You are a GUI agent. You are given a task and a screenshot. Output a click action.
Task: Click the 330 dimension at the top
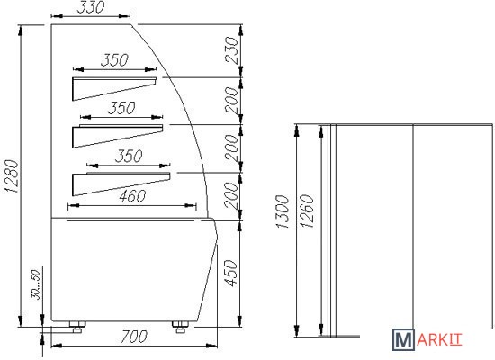pyautogui.click(x=90, y=7)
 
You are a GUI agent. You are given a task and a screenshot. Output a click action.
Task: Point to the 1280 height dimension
pyautogui.click(x=13, y=176)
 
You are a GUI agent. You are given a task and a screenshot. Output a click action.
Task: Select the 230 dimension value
pyautogui.click(x=231, y=49)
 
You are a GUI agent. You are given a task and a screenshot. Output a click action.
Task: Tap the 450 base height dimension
pyautogui.click(x=231, y=274)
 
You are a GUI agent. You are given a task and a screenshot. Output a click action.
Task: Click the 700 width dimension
pyautogui.click(x=134, y=337)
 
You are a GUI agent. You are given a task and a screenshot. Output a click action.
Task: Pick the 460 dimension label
pyautogui.click(x=132, y=196)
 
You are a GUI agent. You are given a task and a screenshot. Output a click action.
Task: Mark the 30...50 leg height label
pyautogui.click(x=36, y=284)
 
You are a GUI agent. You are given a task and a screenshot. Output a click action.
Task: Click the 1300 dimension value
pyautogui.click(x=283, y=211)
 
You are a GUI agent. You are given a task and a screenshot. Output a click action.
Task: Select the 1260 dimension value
pyautogui.click(x=307, y=211)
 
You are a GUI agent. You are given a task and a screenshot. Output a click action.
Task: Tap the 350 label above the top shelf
pyautogui.click(x=114, y=60)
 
